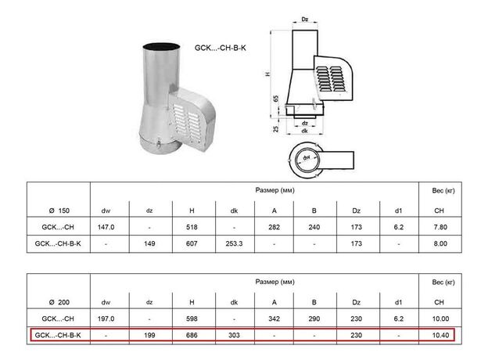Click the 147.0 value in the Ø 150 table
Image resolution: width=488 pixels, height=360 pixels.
106,227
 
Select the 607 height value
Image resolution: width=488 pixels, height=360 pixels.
192,243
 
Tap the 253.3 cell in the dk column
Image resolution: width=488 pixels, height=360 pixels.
234,243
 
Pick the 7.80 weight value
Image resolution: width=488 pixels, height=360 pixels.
440,227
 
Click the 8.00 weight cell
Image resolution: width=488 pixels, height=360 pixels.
440,243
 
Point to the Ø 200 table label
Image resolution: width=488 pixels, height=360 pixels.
59,302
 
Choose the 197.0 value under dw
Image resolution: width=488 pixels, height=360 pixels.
106,319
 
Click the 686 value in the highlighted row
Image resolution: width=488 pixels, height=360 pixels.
192,335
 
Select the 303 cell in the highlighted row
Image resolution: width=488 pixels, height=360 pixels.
234,335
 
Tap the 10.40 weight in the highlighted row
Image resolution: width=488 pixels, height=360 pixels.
440,335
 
